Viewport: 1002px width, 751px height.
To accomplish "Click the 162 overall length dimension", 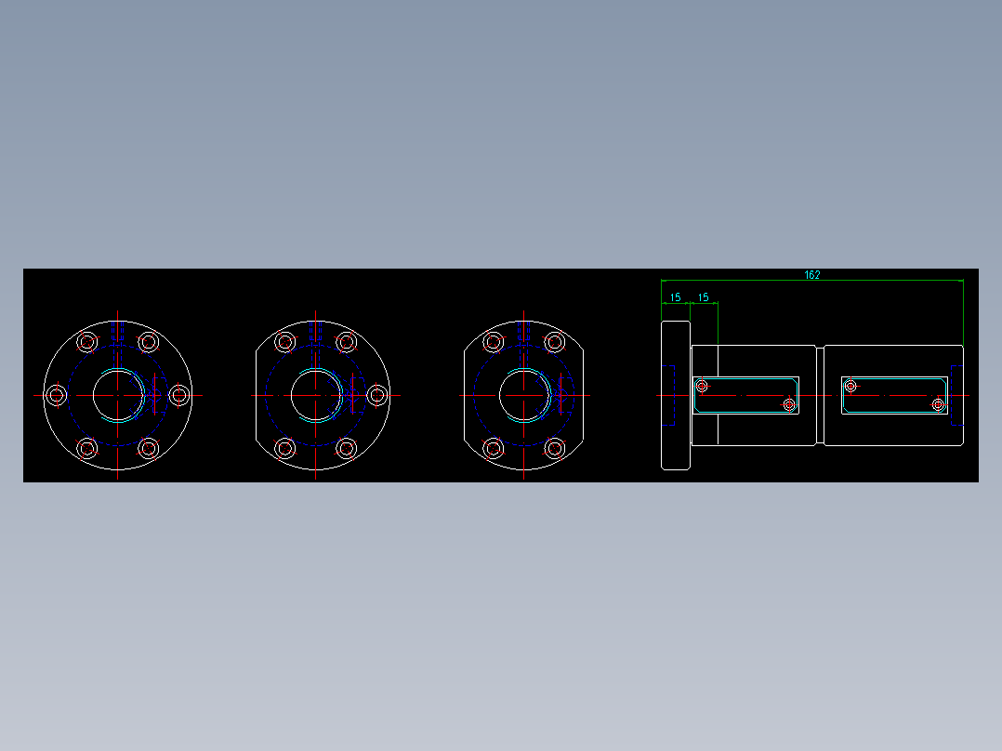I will (811, 275).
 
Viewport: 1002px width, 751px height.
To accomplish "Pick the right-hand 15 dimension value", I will (704, 297).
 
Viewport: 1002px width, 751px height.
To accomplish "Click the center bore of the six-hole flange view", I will (118, 395).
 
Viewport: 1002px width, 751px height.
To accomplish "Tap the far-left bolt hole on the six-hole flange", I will (57, 395).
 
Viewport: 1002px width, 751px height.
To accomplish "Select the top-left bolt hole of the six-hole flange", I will (87, 342).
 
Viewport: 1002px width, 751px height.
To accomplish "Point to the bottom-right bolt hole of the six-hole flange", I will (149, 449).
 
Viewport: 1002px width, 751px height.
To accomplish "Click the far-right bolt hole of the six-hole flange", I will (179, 395).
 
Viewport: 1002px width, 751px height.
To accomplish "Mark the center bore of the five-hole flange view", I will (316, 395).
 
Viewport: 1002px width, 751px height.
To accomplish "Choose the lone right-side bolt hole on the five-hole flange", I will (377, 395).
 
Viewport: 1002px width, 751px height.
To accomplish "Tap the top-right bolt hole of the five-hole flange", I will (347, 342).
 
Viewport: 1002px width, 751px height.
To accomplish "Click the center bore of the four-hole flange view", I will (524, 395).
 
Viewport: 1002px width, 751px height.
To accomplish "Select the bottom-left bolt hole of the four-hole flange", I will (494, 449).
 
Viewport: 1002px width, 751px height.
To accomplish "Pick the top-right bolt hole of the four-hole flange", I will (555, 342).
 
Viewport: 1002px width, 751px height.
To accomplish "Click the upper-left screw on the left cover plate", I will (703, 385).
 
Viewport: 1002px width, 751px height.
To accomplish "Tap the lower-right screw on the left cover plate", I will (789, 404).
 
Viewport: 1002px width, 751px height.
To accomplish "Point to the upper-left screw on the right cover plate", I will (850, 385).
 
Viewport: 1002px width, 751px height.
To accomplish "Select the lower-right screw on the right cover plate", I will (938, 404).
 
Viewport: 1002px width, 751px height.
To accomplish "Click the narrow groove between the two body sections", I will (820, 395).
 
